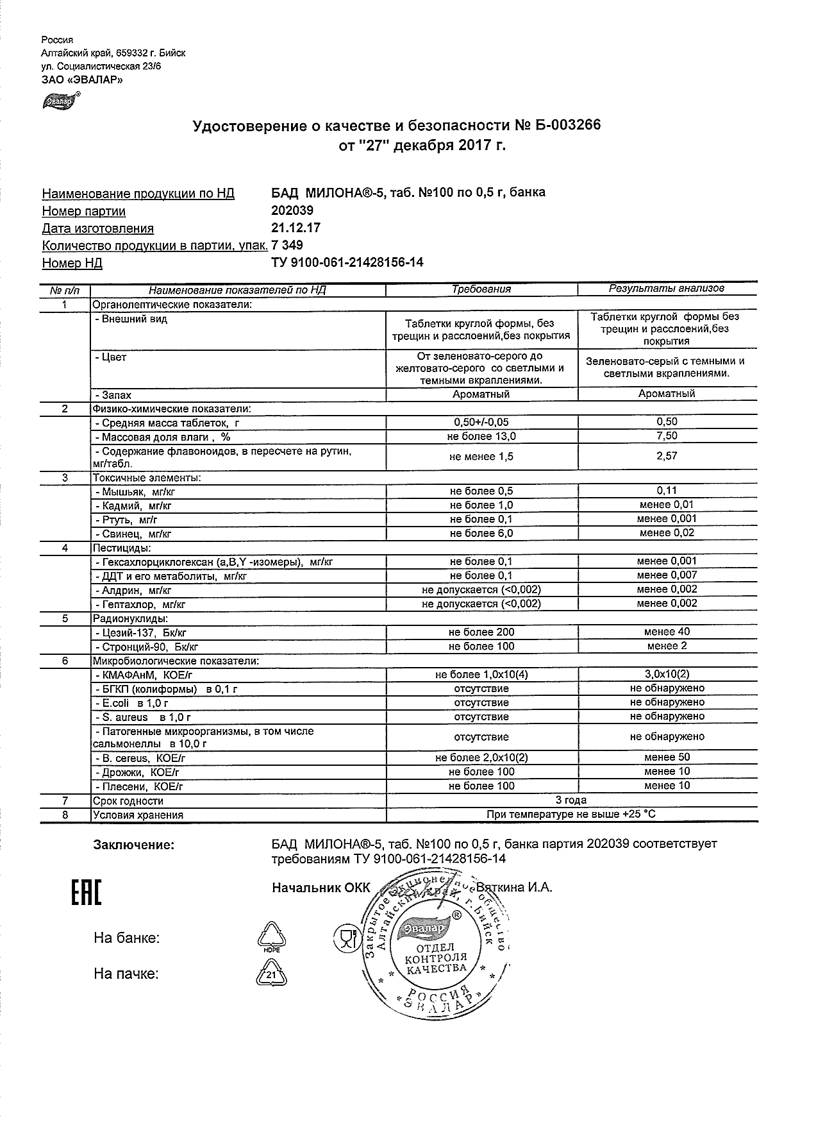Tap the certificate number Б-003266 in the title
coord(565,126)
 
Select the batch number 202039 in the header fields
coord(293,210)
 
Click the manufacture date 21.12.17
coord(296,228)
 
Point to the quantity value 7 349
coord(288,245)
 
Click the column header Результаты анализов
coord(667,289)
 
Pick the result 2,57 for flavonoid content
coord(667,456)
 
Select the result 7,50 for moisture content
coord(667,436)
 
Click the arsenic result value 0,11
coord(667,491)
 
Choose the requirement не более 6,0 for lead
coord(481,533)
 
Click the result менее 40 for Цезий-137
coord(667,632)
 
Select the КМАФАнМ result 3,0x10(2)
coord(667,674)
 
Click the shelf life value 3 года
coord(570,800)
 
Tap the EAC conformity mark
coord(85,892)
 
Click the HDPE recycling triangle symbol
coord(272,938)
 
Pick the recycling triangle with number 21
coord(272,974)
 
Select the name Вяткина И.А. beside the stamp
coord(513,888)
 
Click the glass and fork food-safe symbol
coord(347,938)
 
